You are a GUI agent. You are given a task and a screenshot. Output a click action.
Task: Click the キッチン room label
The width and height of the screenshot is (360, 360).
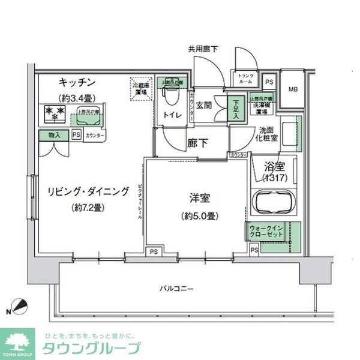[74, 82]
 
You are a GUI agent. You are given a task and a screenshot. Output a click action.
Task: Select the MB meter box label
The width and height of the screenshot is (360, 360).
[293, 89]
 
